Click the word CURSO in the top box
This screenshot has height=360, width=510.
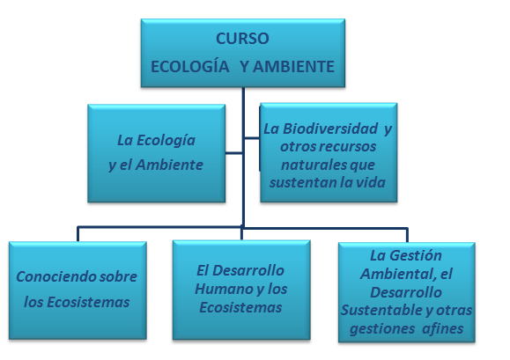[242, 39]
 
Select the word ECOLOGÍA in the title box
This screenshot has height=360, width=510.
[190, 66]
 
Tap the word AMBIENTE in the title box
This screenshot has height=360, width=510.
[293, 67]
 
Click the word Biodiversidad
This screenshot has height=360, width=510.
[330, 129]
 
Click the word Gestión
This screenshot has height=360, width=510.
[416, 256]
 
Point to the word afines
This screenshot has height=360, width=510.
[443, 328]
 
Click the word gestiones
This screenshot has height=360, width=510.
[382, 329]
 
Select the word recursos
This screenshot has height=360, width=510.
[352, 146]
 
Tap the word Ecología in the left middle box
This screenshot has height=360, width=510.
[166, 141]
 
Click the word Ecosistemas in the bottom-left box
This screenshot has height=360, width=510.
[88, 302]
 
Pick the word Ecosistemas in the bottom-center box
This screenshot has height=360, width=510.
[240, 307]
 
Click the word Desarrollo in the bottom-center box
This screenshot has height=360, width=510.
[248, 270]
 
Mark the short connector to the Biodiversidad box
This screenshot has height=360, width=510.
[252, 138]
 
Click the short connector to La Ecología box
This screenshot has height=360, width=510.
[233, 152]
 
